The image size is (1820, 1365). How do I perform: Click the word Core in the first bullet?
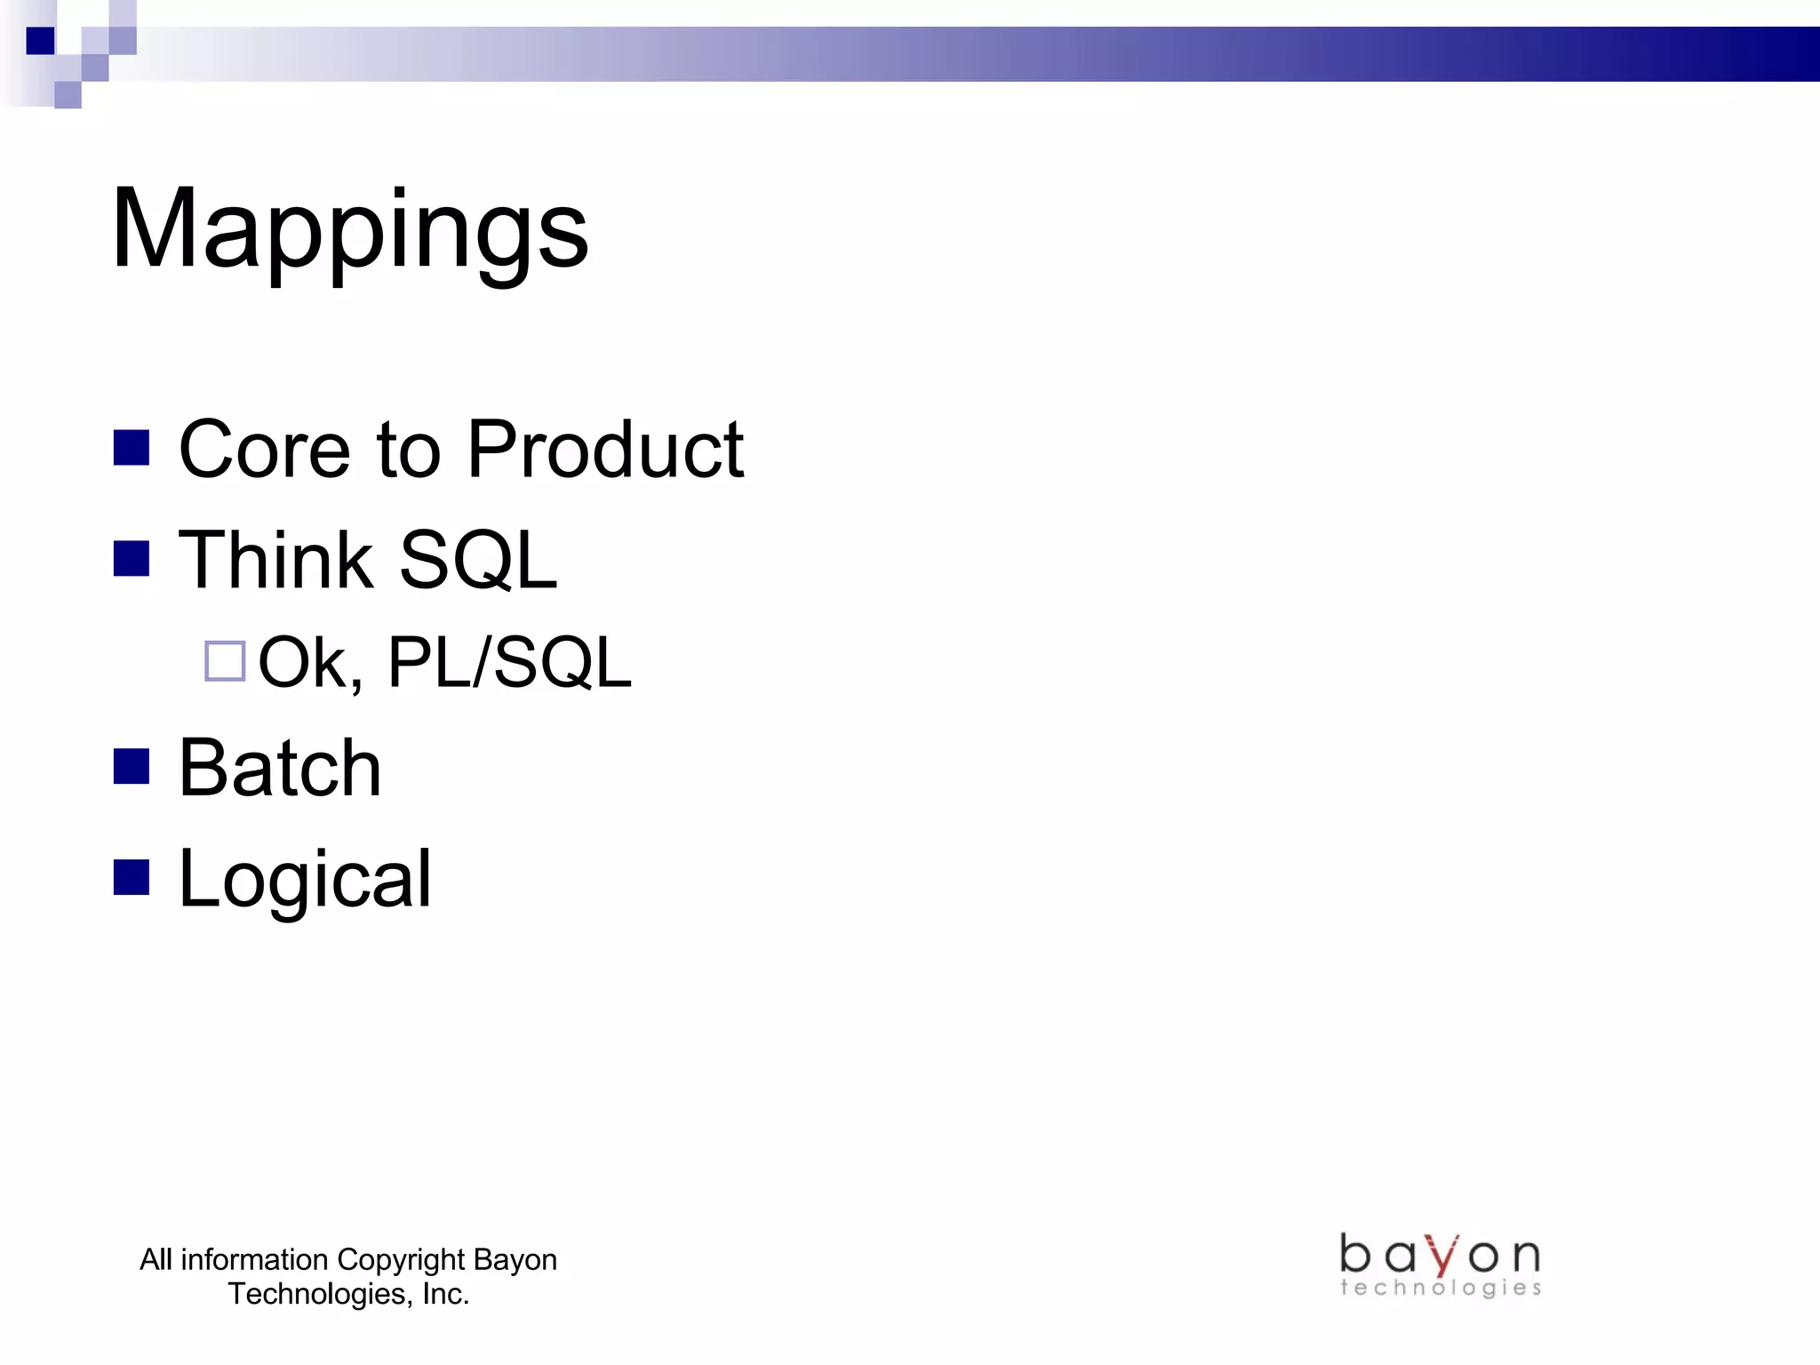point(265,450)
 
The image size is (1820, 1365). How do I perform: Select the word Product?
point(605,450)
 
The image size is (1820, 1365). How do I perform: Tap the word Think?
point(275,560)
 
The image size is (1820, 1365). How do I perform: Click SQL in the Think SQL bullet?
point(478,560)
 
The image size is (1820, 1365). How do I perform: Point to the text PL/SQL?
point(509,663)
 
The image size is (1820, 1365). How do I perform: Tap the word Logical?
point(305,879)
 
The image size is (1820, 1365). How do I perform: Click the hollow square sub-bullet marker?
point(225,661)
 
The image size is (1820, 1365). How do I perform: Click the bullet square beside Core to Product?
point(132,448)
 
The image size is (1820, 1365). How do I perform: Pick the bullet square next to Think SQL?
point(132,559)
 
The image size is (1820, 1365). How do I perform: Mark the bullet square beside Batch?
point(132,766)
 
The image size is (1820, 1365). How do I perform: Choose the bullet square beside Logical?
point(132,877)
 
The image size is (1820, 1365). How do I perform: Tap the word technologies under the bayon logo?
point(1441,1288)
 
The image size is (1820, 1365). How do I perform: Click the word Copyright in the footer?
point(402,1260)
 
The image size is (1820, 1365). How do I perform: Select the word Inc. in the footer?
point(445,1294)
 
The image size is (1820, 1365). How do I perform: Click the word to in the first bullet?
point(409,450)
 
